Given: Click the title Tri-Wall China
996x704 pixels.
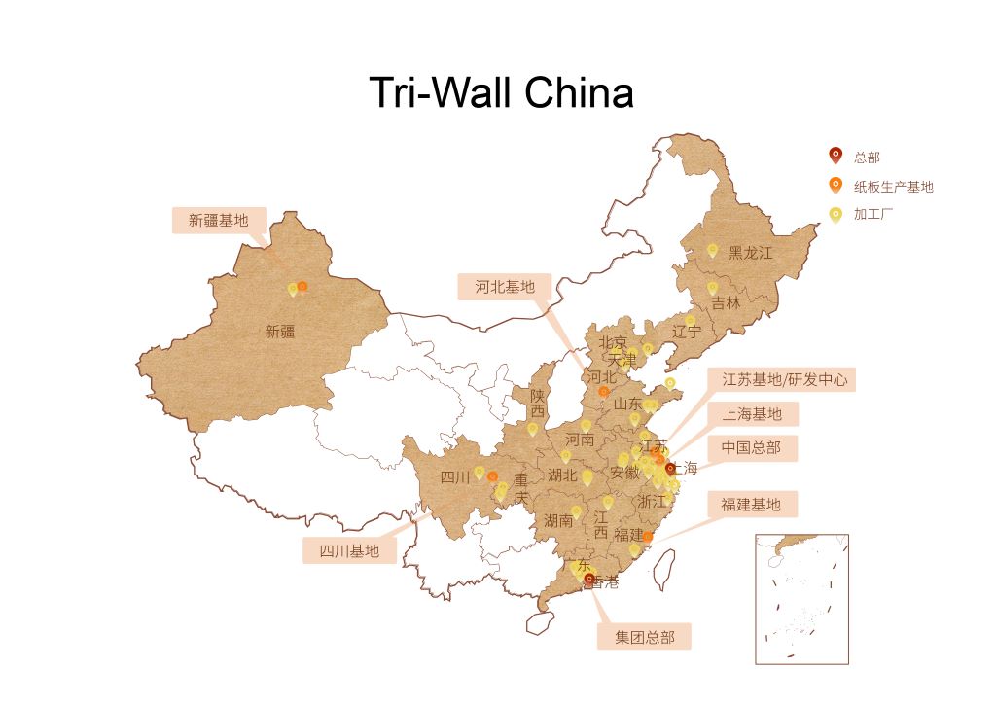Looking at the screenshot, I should tap(501, 93).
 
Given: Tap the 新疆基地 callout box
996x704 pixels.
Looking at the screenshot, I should tap(218, 221).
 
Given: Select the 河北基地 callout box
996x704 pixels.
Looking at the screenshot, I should tap(505, 287).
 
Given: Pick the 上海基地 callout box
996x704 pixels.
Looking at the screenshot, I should tap(751, 414).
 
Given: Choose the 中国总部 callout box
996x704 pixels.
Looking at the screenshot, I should tap(751, 448).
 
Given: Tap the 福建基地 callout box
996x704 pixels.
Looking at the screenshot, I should tap(750, 504).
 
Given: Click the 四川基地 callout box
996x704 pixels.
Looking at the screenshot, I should tap(349, 551).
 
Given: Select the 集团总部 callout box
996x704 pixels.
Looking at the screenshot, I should tap(644, 637).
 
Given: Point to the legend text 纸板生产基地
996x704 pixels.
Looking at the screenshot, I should tap(893, 186).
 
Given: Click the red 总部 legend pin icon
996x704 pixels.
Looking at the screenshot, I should tap(835, 156).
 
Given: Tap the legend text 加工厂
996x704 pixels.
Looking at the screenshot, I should tap(873, 215).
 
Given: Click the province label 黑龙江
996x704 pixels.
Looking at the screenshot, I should tap(751, 253).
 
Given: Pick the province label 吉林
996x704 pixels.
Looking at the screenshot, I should tap(726, 302).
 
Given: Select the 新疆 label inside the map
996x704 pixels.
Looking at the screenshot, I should tap(279, 332).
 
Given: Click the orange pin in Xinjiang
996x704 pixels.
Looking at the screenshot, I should tap(302, 286).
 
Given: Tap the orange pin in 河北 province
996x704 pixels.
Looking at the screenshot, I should tap(604, 392).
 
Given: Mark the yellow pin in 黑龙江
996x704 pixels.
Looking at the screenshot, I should tap(712, 250).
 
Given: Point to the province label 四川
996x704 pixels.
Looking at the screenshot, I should tap(454, 477).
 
